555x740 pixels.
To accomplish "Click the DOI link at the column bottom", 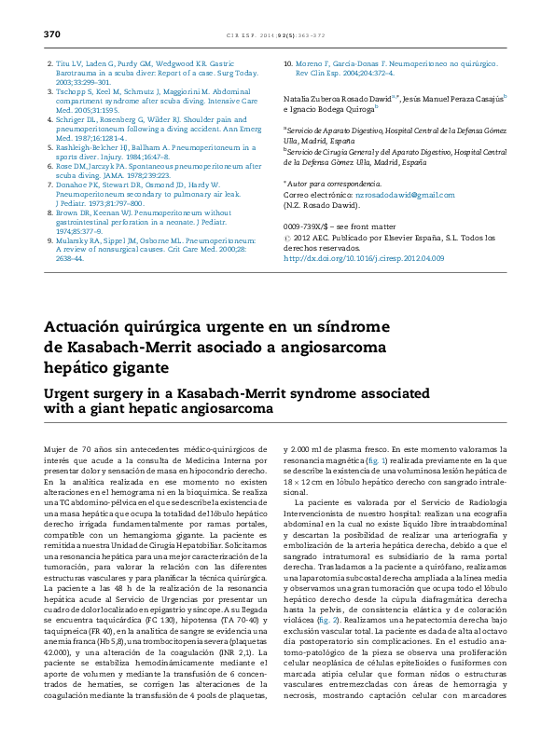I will pyautogui.click(x=344, y=258).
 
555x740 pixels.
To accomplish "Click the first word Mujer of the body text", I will pyautogui.click(x=56, y=450).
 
